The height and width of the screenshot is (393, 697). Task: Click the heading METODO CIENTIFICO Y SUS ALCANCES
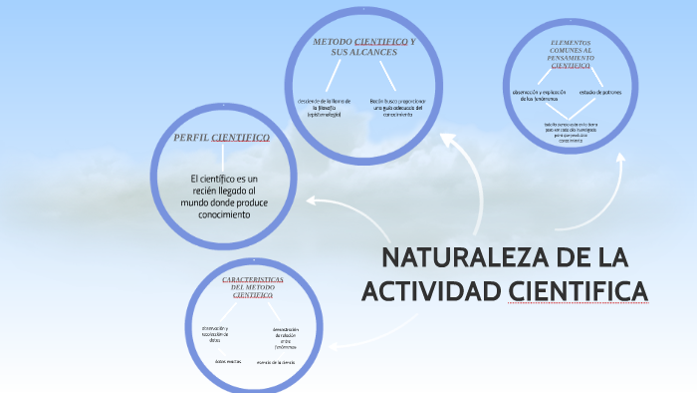tap(364, 47)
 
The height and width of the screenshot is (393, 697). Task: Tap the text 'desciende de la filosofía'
tap(326, 108)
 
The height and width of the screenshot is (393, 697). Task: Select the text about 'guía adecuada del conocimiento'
tap(397, 108)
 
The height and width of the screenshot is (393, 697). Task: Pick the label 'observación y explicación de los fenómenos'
tap(539, 96)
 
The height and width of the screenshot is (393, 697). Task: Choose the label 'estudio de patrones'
tap(601, 92)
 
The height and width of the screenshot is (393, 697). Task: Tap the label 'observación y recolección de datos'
tap(215, 334)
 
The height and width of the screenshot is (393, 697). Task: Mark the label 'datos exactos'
tap(228, 360)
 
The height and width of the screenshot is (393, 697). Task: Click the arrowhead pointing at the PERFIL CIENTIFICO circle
tap(313, 201)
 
